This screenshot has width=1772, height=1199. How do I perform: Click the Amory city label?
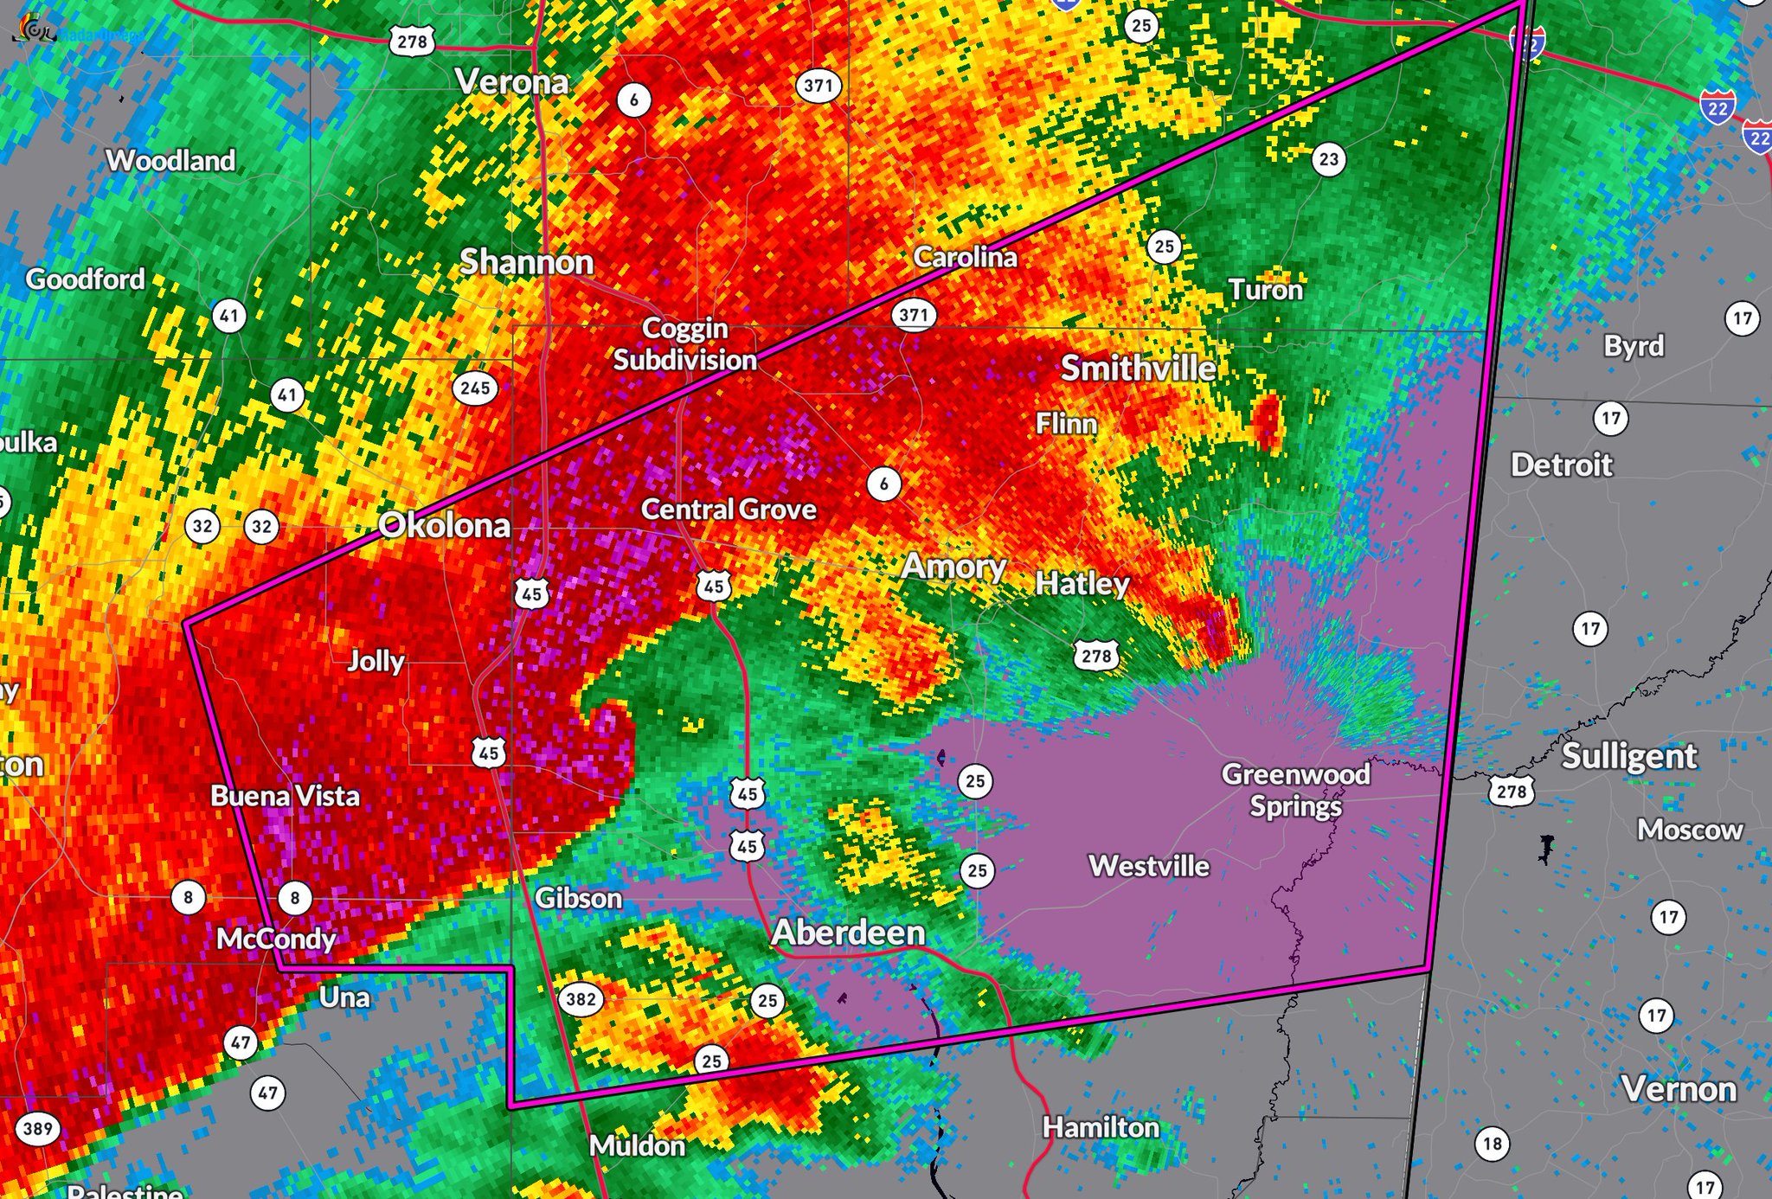(953, 567)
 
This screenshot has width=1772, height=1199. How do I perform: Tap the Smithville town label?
(1139, 369)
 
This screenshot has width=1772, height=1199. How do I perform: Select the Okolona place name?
(444, 525)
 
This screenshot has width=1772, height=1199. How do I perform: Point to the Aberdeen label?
(848, 933)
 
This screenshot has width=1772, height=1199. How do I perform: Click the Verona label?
(512, 82)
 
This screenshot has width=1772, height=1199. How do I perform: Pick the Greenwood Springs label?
(1295, 789)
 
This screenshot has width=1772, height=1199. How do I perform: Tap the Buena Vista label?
(285, 796)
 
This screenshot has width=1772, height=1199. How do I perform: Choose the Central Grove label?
(729, 510)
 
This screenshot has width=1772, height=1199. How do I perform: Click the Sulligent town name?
(1628, 756)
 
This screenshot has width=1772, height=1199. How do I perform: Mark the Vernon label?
(1679, 1089)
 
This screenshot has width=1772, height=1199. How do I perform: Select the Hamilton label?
(1101, 1127)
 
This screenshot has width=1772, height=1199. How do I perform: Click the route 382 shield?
(581, 999)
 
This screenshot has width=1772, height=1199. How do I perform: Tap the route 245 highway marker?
(475, 388)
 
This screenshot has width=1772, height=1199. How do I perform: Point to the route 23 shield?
(1328, 159)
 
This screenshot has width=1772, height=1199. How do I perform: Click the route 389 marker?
(37, 1129)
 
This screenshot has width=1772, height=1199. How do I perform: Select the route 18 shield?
(1493, 1144)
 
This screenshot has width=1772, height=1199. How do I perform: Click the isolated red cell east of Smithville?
(1268, 420)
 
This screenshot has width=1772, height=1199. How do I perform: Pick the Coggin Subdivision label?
(684, 344)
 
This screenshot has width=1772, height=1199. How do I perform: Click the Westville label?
(1149, 866)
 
